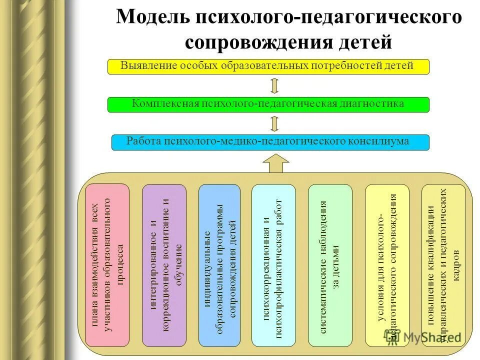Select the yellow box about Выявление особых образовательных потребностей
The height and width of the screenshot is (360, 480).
(268, 66)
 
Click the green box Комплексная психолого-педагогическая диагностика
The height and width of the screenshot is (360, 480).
(268, 104)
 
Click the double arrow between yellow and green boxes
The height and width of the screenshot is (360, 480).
(274, 85)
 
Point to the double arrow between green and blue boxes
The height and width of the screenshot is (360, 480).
(274, 123)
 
